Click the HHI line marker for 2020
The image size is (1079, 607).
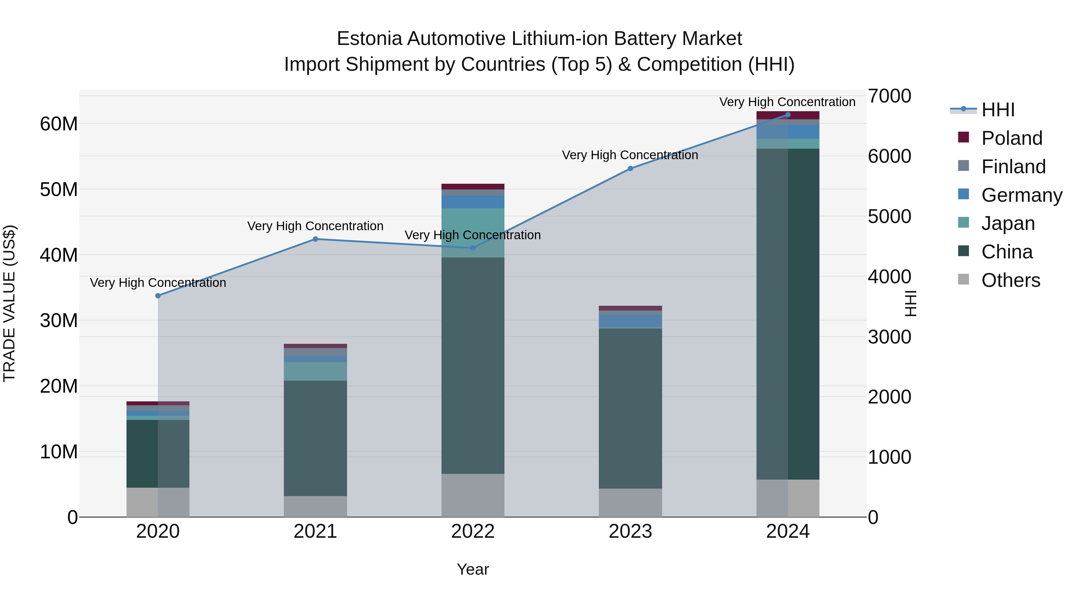click(x=158, y=296)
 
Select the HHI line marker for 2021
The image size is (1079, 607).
click(x=315, y=239)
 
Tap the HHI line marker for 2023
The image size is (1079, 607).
click(x=630, y=168)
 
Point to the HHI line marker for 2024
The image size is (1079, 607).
click(x=788, y=115)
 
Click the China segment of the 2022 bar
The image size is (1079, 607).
click(x=473, y=365)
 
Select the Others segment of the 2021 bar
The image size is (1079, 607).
click(x=315, y=507)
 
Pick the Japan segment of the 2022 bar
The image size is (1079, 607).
click(x=473, y=233)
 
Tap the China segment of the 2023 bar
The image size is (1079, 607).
click(x=630, y=409)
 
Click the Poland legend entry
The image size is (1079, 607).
click(x=1012, y=138)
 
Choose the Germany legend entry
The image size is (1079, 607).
click(x=1021, y=195)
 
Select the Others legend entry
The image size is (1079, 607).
click(x=1010, y=280)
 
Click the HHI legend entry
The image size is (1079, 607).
click(x=998, y=110)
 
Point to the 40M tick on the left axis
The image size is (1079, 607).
click(x=59, y=255)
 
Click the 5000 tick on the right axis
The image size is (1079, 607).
click(x=889, y=217)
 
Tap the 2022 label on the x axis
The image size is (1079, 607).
click(x=473, y=531)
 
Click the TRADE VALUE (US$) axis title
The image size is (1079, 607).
click(x=9, y=303)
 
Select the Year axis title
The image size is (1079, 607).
click(x=473, y=569)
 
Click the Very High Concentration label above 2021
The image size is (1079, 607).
click(x=315, y=226)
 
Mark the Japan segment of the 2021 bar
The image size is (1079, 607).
click(x=315, y=371)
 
